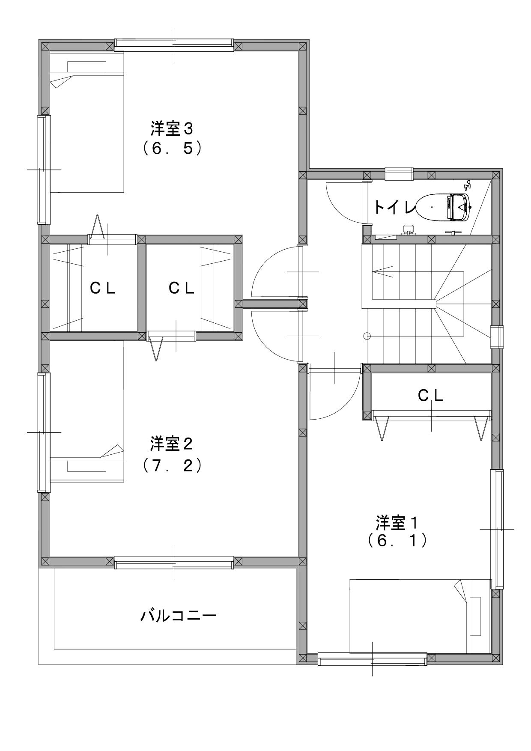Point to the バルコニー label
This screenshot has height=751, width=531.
(x=179, y=616)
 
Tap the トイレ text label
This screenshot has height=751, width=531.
(x=394, y=207)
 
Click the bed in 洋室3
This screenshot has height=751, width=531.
(x=87, y=122)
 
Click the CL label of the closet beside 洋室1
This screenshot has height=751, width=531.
(x=431, y=396)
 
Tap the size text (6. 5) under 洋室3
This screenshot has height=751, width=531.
(x=172, y=148)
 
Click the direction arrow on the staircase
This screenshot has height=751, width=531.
(x=383, y=271)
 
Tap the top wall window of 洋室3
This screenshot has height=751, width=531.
(x=174, y=45)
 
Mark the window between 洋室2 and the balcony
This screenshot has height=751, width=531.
(x=174, y=563)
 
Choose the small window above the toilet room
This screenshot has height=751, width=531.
(x=399, y=174)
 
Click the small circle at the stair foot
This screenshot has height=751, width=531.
(x=367, y=336)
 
